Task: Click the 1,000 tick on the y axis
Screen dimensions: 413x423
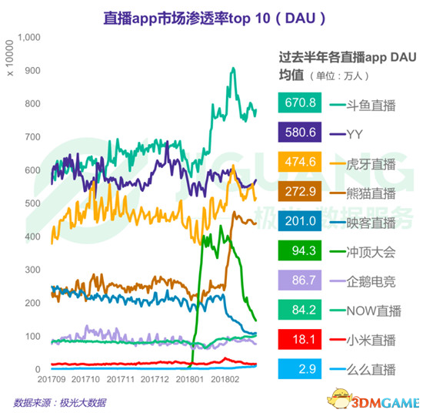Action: pos(27,37)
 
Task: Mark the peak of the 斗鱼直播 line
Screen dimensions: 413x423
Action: pos(234,69)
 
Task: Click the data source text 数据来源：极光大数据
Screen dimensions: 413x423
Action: pos(60,401)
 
